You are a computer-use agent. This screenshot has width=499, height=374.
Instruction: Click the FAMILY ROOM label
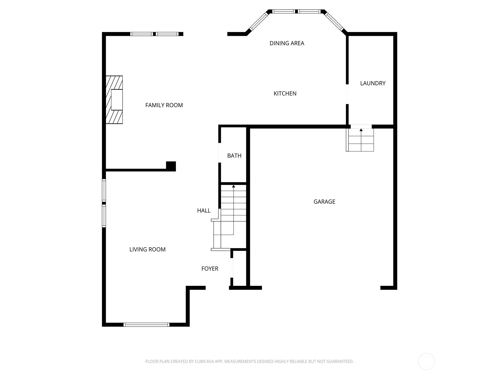(x=164, y=105)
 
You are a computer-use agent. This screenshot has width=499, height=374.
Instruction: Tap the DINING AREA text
(x=287, y=43)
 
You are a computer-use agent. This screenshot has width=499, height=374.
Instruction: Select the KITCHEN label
(x=285, y=93)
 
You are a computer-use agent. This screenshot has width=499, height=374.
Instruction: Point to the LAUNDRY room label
(x=373, y=83)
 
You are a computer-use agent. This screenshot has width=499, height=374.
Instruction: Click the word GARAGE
(x=324, y=202)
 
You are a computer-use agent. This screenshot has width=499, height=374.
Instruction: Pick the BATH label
(x=234, y=156)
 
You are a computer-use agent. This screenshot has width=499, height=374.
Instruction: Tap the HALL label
(x=204, y=211)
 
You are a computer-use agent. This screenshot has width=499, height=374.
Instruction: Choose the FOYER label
(x=210, y=269)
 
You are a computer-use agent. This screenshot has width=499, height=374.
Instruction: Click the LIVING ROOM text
(x=147, y=249)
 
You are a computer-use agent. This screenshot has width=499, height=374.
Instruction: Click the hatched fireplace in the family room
(x=114, y=100)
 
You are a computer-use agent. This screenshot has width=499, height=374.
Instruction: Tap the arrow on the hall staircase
(x=234, y=186)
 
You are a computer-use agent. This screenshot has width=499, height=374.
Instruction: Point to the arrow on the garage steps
(x=361, y=130)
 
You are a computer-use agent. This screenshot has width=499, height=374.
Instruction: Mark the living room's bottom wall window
(x=146, y=324)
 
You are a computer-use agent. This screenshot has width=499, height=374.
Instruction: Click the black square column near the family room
(x=171, y=166)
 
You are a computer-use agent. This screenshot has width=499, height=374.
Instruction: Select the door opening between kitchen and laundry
(x=347, y=94)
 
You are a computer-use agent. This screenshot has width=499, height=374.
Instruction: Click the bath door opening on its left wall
(x=220, y=152)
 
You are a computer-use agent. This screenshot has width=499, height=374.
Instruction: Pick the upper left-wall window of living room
(x=104, y=190)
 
